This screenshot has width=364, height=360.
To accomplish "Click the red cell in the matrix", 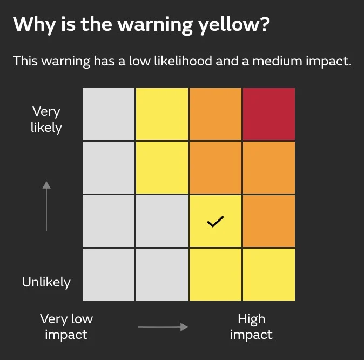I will point(269,114).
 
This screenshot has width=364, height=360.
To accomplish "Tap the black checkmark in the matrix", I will point(215,221).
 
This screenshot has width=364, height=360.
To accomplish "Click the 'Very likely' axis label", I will point(46,119).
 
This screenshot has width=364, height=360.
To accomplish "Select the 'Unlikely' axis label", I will point(46,282).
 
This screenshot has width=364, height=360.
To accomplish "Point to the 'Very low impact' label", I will point(66,326).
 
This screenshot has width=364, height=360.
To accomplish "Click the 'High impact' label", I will point(251,326).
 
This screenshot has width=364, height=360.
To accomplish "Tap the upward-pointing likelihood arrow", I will point(46,206).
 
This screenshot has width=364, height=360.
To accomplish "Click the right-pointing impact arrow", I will point(163,326).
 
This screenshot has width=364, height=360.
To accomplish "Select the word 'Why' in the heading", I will point(31,24).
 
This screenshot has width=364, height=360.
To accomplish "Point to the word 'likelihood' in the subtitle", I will point(179,61).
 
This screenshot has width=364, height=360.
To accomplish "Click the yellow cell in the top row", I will point(162,114).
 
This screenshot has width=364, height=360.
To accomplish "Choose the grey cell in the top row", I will point(109,114).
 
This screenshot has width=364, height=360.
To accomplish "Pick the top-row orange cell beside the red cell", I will point(215,114).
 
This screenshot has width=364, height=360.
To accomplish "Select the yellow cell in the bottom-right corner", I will point(269,274).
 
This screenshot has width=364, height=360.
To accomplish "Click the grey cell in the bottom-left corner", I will point(109,274).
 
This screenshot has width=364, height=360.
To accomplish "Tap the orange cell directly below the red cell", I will point(269,167).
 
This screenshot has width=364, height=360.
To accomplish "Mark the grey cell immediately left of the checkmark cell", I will point(162,221).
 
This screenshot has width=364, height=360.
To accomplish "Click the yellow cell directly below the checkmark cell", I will point(215,274).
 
